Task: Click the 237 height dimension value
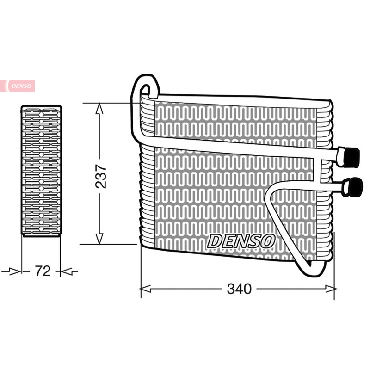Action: (101, 176)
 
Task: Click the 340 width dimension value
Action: (239, 289)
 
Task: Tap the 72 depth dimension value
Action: (43, 271)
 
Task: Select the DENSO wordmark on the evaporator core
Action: (241, 241)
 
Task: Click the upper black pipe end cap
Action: (352, 157)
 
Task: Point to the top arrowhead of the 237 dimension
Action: (99, 109)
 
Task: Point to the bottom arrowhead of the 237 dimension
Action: (99, 239)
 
